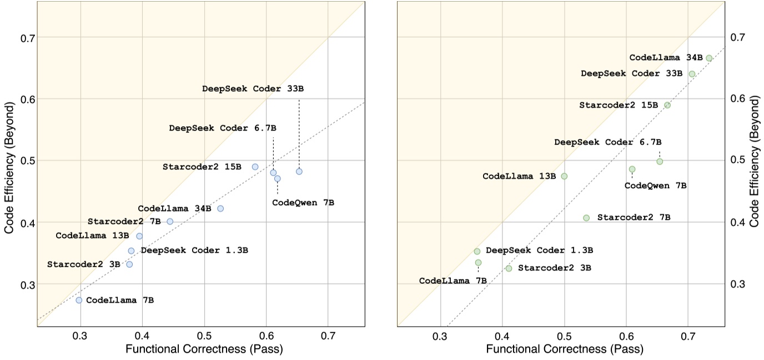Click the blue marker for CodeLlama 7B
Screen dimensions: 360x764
[79, 300]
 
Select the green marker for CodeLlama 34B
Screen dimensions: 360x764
[709, 58]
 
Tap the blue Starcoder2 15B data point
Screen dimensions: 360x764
[255, 167]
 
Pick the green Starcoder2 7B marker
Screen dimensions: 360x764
[586, 218]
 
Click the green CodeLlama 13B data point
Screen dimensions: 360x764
[564, 176]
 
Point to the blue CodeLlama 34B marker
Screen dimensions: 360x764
[220, 208]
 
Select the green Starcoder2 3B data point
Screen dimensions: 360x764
[509, 268]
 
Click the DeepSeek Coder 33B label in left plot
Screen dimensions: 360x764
[253, 88]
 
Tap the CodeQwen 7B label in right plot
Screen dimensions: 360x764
[655, 186]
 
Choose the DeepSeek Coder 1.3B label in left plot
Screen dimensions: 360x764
[194, 251]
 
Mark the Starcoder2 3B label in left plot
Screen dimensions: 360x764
[83, 264]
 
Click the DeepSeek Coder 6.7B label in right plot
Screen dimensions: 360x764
[607, 142]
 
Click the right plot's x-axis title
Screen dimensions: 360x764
[565, 349]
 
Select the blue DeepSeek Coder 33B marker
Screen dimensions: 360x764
[299, 171]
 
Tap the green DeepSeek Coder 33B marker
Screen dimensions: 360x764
[692, 74]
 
